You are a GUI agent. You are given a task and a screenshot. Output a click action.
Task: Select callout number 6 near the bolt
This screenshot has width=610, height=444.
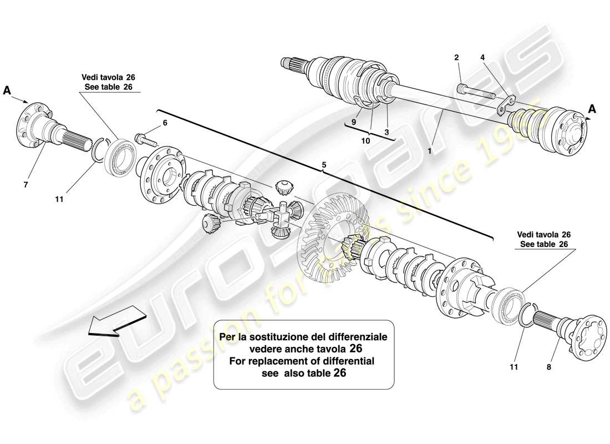164,123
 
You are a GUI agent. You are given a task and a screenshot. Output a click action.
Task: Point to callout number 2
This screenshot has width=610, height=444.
456,57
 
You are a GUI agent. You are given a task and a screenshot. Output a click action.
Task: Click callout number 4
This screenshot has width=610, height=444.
482,57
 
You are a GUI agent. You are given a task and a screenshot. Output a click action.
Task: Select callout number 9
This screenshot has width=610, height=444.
353,122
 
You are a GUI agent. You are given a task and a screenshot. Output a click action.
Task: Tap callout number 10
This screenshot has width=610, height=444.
366,141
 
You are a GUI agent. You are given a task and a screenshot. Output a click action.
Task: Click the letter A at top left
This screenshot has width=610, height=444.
8,90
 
